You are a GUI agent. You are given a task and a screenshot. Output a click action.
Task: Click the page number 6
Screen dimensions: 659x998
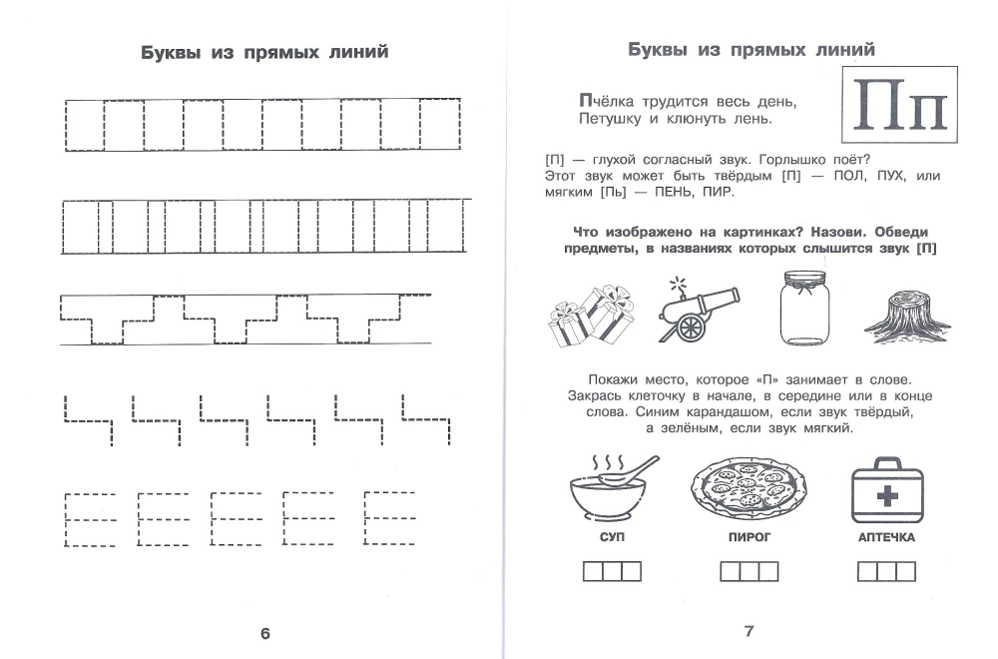264,633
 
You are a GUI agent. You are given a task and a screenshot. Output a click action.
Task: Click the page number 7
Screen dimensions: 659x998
748,630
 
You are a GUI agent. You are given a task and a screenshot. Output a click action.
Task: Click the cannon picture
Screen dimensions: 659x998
698,312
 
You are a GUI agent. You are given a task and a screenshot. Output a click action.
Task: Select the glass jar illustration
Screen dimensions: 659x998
803,309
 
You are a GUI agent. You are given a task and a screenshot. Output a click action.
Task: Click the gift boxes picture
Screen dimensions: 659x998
592,315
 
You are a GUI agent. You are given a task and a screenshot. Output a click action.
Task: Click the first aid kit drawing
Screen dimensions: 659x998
885,487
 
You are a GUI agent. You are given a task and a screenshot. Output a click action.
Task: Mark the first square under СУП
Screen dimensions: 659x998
592,571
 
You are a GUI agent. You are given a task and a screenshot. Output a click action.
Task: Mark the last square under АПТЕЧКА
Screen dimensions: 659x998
905,571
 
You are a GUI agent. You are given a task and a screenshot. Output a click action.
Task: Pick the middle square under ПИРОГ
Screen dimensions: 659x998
748,571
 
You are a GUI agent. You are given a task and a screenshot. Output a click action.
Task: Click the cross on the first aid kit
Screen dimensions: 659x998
885,496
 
